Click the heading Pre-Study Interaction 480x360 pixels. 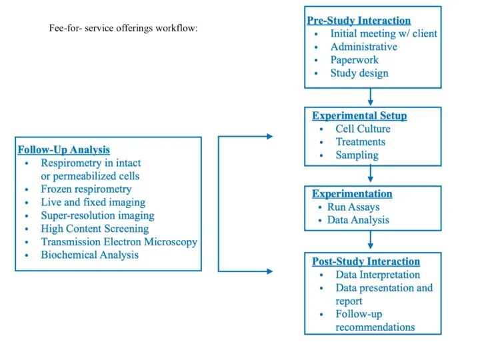pyautogui.click(x=359, y=21)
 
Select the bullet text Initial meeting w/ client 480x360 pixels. pyautogui.click(x=383, y=34)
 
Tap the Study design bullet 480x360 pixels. pyautogui.click(x=359, y=73)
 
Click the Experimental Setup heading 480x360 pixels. pyautogui.click(x=359, y=115)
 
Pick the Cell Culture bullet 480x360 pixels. pyautogui.click(x=363, y=129)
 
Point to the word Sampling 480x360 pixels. pyautogui.click(x=357, y=155)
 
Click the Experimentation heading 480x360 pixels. pyautogui.click(x=352, y=194)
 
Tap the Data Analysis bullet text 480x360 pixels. pyautogui.click(x=358, y=220)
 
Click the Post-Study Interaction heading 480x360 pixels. pyautogui.click(x=366, y=261)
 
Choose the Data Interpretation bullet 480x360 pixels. pyautogui.click(x=377, y=275)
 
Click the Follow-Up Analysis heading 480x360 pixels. pyautogui.click(x=64, y=150)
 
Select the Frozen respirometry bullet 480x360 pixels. pyautogui.click(x=86, y=189)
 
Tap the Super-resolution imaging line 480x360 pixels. pyautogui.click(x=97, y=215)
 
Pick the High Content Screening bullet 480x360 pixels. pyautogui.click(x=95, y=229)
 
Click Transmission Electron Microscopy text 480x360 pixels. pyautogui.click(x=119, y=242)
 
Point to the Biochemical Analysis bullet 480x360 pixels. pyautogui.click(x=89, y=255)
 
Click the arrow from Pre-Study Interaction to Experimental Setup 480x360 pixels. pyautogui.click(x=371, y=97)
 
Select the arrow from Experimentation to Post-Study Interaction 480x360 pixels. pyautogui.click(x=371, y=241)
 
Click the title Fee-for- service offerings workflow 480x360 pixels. pyautogui.click(x=123, y=29)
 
